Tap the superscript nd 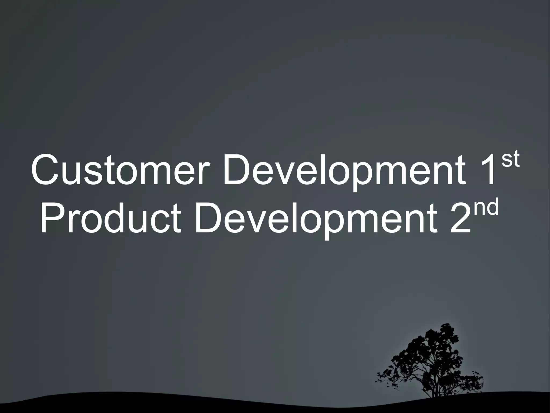click(x=487, y=209)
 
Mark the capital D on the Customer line click(x=237, y=170)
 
